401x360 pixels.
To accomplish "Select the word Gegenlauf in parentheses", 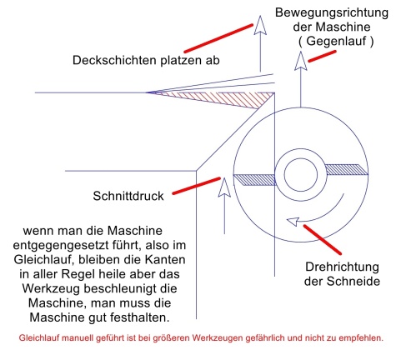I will click(333, 41).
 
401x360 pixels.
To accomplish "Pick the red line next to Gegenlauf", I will click(322, 57).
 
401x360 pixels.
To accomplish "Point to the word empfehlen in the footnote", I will click(359, 339).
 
